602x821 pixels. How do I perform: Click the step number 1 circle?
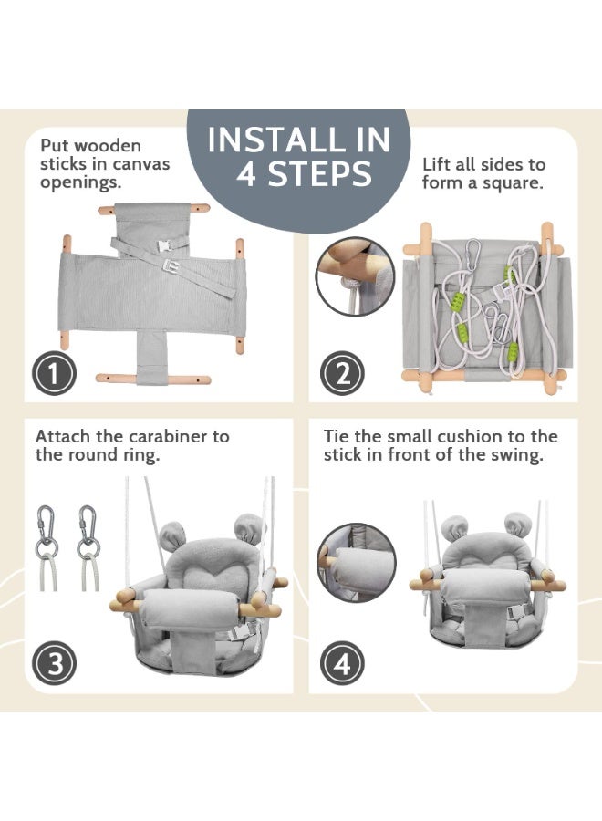click(55, 374)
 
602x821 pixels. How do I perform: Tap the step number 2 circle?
click(342, 373)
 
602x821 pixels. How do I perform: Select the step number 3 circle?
click(55, 663)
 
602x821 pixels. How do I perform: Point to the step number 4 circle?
click(342, 663)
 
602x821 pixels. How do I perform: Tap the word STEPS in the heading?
click(319, 174)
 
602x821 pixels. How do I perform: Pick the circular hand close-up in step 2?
click(356, 276)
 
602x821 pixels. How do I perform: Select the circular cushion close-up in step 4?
click(357, 562)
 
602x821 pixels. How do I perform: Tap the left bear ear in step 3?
click(171, 535)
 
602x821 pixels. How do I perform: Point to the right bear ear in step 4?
click(517, 525)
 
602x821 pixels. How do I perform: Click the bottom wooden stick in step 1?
click(153, 379)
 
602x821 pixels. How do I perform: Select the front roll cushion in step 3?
click(191, 609)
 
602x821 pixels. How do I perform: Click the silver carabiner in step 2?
click(472, 255)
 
